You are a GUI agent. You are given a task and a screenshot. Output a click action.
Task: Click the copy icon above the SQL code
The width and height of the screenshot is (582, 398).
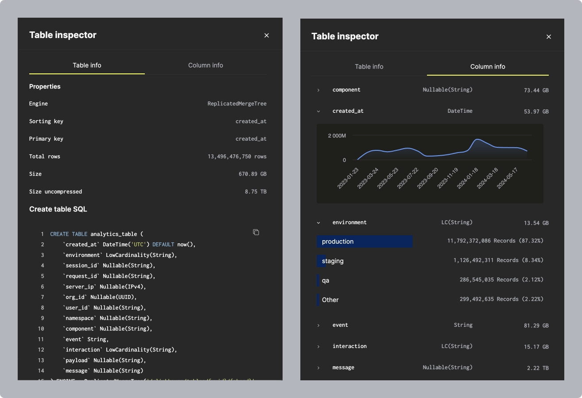click(256, 232)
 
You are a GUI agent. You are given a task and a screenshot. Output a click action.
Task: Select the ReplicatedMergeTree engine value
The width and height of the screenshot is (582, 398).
click(237, 104)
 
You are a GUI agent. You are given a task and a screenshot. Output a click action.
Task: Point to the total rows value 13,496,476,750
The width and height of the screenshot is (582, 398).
click(237, 157)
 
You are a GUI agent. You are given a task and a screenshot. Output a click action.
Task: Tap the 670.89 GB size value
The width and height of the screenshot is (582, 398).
click(252, 174)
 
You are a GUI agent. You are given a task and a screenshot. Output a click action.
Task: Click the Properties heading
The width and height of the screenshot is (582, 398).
click(45, 87)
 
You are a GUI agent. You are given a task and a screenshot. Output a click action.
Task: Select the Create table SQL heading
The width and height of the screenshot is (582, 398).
click(58, 209)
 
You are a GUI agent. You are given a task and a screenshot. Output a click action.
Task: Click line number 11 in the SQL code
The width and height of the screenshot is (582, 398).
click(41, 339)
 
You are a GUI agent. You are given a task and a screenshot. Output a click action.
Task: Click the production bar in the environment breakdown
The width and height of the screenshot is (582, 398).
click(365, 241)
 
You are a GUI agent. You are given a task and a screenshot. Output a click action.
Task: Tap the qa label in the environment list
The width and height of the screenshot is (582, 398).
click(326, 280)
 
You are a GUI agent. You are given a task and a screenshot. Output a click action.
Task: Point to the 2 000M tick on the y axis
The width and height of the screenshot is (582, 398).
click(337, 136)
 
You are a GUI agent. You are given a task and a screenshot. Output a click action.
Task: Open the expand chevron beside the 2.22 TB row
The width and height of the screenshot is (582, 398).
click(318, 368)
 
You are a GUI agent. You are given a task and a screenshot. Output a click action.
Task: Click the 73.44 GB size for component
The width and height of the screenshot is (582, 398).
click(536, 90)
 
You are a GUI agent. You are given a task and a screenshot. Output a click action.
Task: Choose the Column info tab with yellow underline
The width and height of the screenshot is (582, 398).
click(488, 67)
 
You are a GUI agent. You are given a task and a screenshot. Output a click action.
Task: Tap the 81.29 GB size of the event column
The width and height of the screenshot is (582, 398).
click(536, 325)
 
